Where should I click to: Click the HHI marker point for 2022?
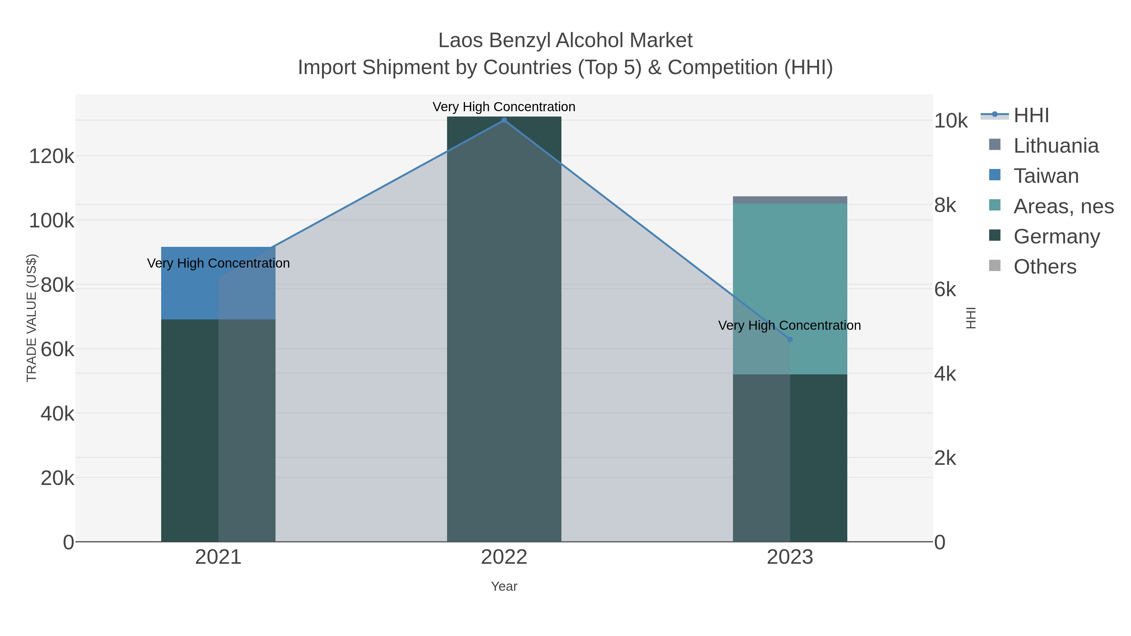[504, 120]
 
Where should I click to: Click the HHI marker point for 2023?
[790, 339]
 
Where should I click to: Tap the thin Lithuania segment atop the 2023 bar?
[790, 200]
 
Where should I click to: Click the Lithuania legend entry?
[1056, 146]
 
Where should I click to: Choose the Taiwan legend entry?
[1046, 176]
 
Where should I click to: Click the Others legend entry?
[1045, 267]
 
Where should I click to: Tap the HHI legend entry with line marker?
[1031, 116]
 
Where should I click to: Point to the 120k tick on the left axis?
[52, 156]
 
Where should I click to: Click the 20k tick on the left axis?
[57, 478]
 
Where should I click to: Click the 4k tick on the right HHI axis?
[945, 374]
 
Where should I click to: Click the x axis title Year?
[504, 586]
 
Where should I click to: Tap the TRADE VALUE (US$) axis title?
[32, 318]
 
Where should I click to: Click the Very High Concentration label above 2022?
[504, 107]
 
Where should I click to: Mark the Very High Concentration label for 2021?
[218, 264]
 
